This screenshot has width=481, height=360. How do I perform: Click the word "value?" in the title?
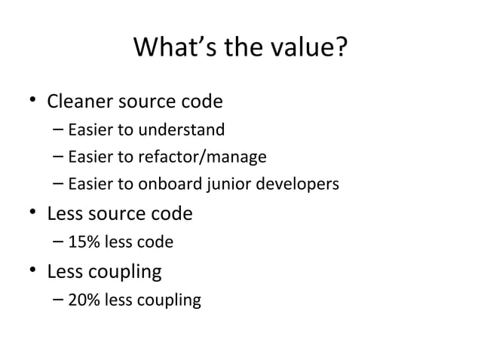point(310,50)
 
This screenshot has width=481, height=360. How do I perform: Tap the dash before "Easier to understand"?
point(59,130)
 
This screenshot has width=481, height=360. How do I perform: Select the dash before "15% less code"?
point(59,243)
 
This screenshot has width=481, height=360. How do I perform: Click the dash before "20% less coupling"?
point(59,300)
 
